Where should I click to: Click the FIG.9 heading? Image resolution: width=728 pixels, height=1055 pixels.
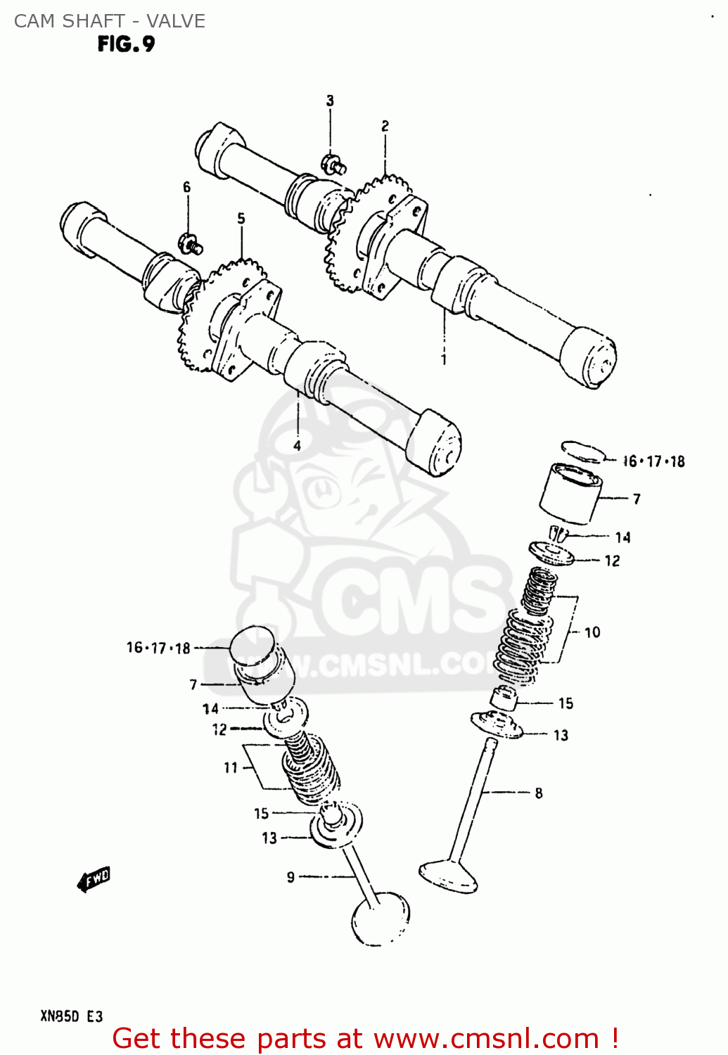pyautogui.click(x=126, y=44)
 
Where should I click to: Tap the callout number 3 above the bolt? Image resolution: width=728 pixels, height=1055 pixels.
pyautogui.click(x=330, y=101)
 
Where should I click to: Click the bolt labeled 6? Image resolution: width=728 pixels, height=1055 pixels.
pyautogui.click(x=191, y=243)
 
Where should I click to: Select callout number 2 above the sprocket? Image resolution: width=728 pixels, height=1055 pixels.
pyautogui.click(x=385, y=126)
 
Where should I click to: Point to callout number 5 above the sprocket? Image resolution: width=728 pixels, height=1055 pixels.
pyautogui.click(x=241, y=218)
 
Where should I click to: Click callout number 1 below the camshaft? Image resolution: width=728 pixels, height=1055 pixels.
pyautogui.click(x=444, y=359)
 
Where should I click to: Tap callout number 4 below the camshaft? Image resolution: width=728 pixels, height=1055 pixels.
pyautogui.click(x=298, y=445)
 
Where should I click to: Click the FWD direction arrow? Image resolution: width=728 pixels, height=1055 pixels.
pyautogui.click(x=94, y=878)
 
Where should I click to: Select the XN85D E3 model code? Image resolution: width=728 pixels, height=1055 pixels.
pyautogui.click(x=71, y=1016)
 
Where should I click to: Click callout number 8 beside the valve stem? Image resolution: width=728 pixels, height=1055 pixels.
pyautogui.click(x=539, y=793)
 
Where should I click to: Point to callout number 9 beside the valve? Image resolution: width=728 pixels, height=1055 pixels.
pyautogui.click(x=290, y=877)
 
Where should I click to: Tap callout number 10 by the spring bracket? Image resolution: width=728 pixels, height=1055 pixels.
pyautogui.click(x=592, y=632)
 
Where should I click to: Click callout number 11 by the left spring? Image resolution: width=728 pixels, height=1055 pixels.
pyautogui.click(x=231, y=767)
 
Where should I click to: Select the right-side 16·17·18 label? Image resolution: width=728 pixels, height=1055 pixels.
pyautogui.click(x=654, y=461)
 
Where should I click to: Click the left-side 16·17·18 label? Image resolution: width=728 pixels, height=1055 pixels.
pyautogui.click(x=158, y=648)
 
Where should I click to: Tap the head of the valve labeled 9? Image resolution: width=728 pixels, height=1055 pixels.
pyautogui.click(x=380, y=919)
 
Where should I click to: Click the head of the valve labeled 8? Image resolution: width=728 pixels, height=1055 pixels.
pyautogui.click(x=448, y=876)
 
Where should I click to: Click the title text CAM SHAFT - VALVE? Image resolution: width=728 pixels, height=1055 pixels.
pyautogui.click(x=110, y=21)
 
